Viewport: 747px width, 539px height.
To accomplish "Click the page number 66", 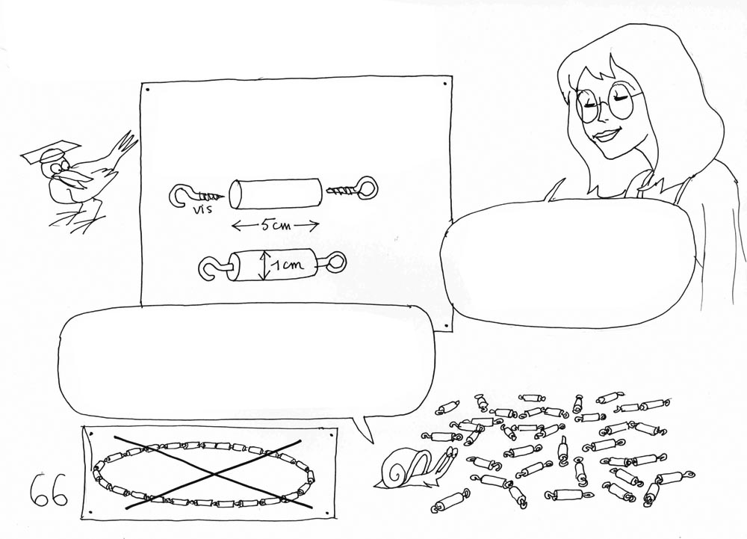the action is coord(48,490).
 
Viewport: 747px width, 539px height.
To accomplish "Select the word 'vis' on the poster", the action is coord(199,210).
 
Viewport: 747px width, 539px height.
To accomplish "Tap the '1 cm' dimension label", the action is coord(288,265).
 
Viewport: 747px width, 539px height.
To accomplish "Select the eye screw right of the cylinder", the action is coord(352,190).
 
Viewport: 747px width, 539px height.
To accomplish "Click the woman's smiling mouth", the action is coord(606,135).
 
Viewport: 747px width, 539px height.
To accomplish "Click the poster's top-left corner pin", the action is coord(146,89).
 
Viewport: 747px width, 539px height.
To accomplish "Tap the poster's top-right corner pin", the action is coord(445,84).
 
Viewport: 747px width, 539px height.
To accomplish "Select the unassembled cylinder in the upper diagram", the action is coord(275,193).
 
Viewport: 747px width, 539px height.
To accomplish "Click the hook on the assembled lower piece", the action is coord(213,268).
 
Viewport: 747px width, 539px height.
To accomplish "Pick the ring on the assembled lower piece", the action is coord(338,262).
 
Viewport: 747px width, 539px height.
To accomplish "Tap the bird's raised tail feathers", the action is coord(125,143).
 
